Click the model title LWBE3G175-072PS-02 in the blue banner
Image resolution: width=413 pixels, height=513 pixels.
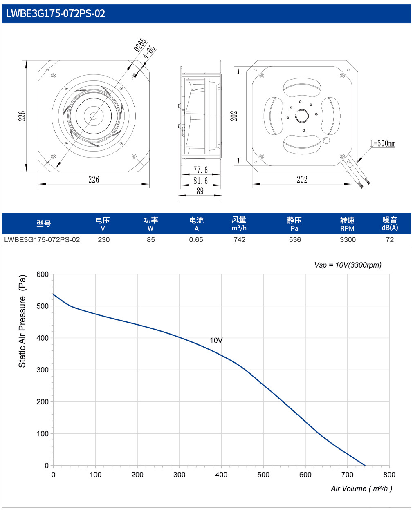coord(55,13)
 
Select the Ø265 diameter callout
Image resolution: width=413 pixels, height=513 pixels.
coord(140,45)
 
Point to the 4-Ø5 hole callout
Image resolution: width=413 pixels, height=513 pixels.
coord(149,52)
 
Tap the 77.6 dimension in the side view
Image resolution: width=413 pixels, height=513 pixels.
coord(200,170)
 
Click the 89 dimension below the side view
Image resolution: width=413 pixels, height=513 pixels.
coord(200,191)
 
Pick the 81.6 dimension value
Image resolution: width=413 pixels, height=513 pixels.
coord(200,181)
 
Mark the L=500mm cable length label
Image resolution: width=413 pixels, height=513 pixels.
coord(383,143)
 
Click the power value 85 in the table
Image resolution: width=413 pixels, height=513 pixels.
coord(151,240)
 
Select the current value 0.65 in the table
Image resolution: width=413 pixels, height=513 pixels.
coord(196,240)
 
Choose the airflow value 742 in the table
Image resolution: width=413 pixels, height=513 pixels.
coord(240,240)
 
